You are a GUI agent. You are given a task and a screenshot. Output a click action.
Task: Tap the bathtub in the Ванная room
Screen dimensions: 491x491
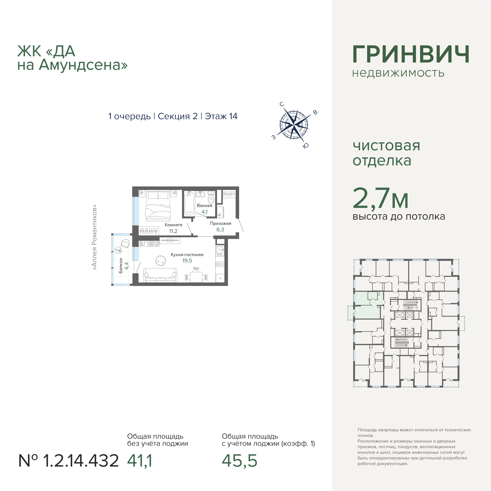189,203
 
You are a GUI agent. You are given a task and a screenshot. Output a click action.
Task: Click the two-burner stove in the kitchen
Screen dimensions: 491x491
220,264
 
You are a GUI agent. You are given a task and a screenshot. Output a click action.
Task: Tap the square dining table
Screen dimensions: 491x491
196,277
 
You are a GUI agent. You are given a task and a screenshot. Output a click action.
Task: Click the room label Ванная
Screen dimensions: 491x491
205,206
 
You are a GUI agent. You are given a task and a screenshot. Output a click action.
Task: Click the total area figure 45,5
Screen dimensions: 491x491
239,461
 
